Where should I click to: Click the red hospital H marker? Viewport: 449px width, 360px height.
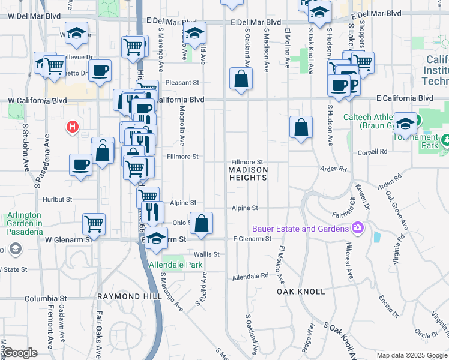(73, 127)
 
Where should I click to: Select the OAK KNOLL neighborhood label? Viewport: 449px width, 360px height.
(301, 292)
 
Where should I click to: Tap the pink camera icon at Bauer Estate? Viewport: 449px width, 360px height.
(358, 228)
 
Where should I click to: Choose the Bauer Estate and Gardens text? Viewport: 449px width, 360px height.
(300, 229)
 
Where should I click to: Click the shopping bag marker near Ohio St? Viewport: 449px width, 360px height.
(202, 223)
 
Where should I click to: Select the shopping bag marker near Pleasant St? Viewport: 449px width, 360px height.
(241, 79)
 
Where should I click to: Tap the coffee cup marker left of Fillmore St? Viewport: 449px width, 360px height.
(80, 164)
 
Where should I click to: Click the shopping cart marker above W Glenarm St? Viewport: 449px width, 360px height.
(94, 224)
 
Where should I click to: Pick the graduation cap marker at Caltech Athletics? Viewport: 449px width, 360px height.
(406, 123)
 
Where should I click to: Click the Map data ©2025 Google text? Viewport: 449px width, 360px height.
(411, 355)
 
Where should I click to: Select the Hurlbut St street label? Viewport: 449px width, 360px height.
(57, 199)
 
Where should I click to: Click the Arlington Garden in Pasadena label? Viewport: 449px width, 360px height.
(24, 220)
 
